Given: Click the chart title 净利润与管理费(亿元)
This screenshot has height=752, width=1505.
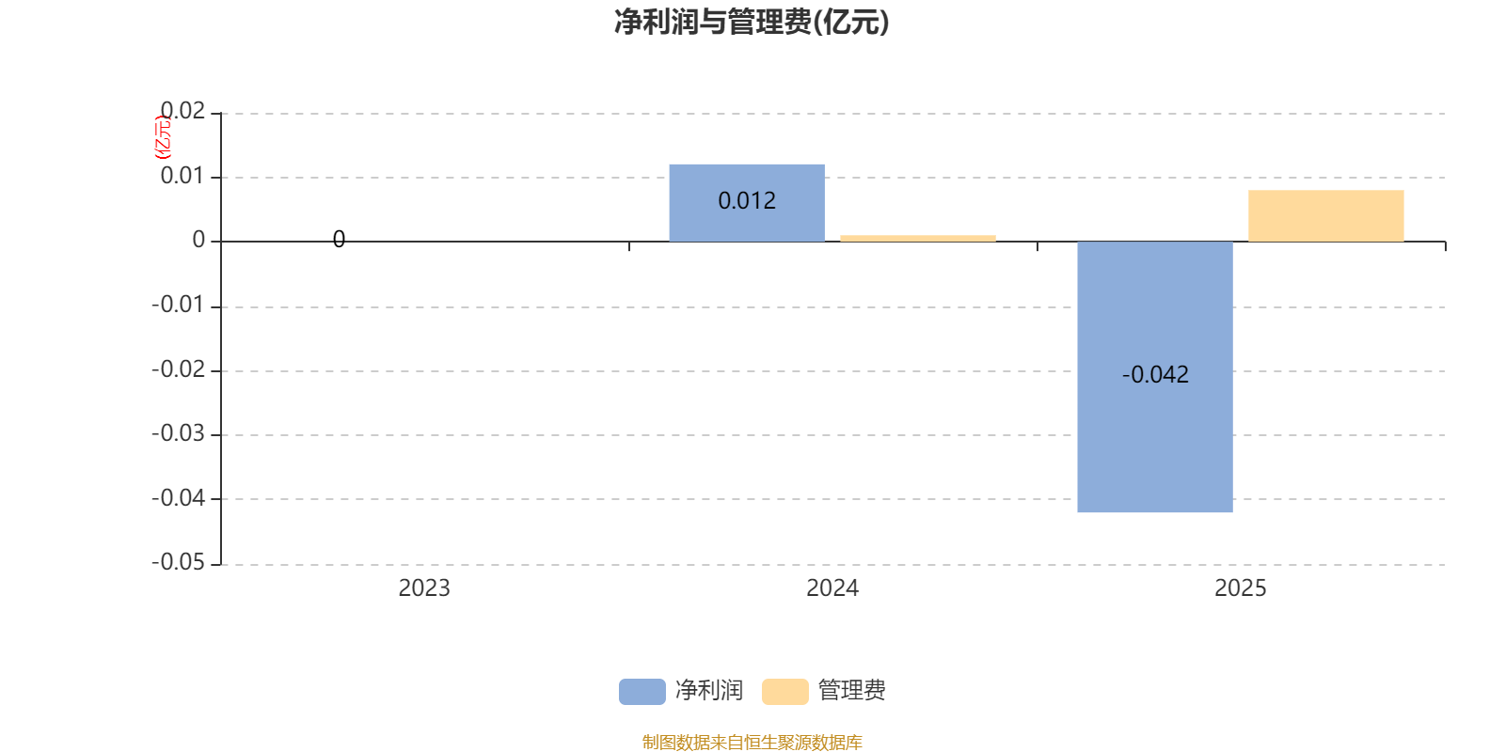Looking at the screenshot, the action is (x=752, y=23).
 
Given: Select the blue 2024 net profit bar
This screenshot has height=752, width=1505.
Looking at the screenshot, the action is (x=747, y=203).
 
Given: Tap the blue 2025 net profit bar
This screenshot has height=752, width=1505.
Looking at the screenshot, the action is (x=1155, y=377).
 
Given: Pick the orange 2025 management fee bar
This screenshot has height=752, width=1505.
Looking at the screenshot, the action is (x=1325, y=215).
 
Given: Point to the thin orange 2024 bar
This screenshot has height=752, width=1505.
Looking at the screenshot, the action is (x=918, y=238).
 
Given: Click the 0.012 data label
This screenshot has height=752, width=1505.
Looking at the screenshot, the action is (x=747, y=201).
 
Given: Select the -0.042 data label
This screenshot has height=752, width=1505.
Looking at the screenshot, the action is (x=1155, y=375).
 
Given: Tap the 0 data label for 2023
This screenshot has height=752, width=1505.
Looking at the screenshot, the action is (x=339, y=239).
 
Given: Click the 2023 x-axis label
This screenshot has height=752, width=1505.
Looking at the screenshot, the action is (x=424, y=588).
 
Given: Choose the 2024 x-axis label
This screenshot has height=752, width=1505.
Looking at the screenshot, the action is (x=832, y=588).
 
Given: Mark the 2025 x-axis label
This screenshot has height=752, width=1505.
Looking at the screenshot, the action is (x=1241, y=588).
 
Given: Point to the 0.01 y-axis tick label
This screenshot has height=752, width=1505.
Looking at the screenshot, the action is (x=182, y=176).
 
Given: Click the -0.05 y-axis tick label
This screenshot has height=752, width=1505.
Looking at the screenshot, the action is (x=178, y=562).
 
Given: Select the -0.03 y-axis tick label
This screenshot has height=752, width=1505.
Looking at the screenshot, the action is (x=178, y=433).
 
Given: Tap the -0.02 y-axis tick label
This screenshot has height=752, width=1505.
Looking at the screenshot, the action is (x=178, y=368).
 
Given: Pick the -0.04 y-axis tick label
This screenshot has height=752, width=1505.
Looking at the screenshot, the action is (x=178, y=497).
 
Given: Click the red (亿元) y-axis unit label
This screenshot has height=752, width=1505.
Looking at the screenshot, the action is (x=163, y=137).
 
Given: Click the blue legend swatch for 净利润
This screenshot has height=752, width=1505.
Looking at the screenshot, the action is (x=642, y=692).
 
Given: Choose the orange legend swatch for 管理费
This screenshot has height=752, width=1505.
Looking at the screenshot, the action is (x=784, y=692).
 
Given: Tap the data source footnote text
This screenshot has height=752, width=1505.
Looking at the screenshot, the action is (x=752, y=742).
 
